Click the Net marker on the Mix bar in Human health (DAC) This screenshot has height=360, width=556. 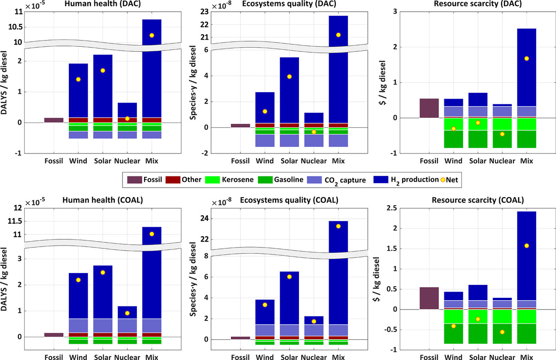pyautogui.click(x=152, y=35)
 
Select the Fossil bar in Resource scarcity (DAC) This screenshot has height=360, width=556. pyautogui.click(x=429, y=108)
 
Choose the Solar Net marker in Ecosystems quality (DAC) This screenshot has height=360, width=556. pyautogui.click(x=289, y=76)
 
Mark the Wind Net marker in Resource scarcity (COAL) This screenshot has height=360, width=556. pyautogui.click(x=453, y=326)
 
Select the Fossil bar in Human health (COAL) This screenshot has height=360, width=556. pyautogui.click(x=54, y=335)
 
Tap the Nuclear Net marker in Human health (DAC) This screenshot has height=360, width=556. pyautogui.click(x=127, y=118)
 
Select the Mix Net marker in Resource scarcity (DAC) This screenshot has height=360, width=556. pyautogui.click(x=526, y=58)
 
